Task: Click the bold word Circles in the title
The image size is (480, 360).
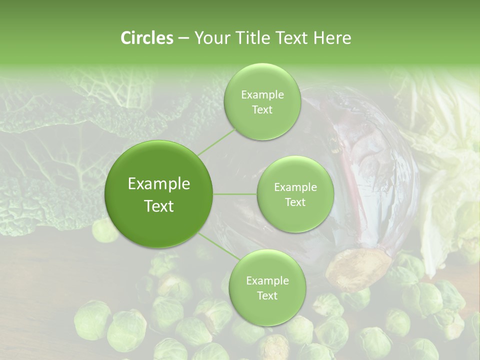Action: pos(146,38)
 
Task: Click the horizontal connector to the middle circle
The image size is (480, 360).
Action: pos(235,194)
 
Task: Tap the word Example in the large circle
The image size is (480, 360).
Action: pos(159,184)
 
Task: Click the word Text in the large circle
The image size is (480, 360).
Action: pos(159,206)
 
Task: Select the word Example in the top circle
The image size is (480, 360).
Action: pos(262,95)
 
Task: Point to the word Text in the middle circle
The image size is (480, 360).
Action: pos(295,202)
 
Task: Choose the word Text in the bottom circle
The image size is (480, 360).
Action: pos(267,295)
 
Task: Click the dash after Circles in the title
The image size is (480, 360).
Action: pos(183,38)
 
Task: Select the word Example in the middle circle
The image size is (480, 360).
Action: pos(295,187)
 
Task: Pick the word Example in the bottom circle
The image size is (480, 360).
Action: pos(267,280)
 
